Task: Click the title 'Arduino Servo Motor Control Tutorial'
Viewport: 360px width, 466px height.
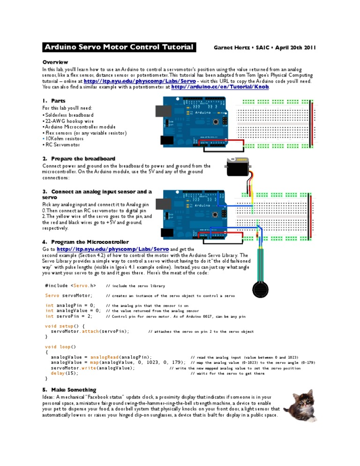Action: [119, 47]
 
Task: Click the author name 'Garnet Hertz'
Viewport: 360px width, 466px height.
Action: [232, 47]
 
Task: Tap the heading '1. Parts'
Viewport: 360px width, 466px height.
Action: [53, 100]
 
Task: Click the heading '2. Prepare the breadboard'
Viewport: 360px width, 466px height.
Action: [78, 158]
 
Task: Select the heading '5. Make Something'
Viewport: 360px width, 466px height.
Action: [69, 390]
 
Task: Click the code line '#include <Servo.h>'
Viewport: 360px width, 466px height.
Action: [70, 286]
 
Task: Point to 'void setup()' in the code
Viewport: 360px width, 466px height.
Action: [65, 325]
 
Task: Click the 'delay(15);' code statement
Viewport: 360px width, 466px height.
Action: [65, 373]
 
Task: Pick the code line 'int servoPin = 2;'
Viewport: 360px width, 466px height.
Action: [69, 316]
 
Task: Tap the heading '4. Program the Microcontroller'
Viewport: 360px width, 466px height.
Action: [85, 242]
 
